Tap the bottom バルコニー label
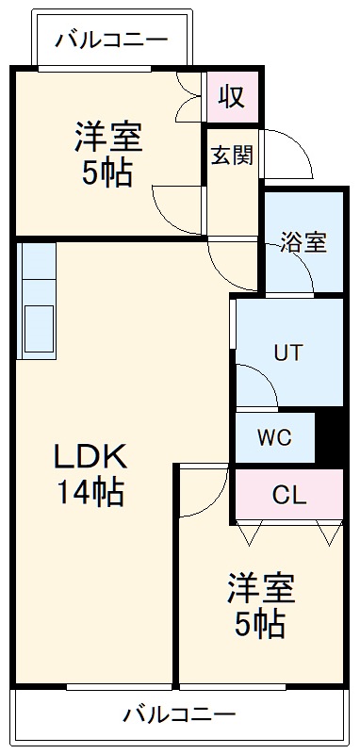point(179,714)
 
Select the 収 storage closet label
point(232,96)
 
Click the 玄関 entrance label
point(231,156)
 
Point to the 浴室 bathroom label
point(303,242)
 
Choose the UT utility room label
point(287,353)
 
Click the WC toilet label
point(274,438)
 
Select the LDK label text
point(89,457)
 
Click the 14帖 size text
point(89,492)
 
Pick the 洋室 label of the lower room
point(260,589)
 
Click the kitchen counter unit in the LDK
point(37,300)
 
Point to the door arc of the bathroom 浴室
point(303,275)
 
